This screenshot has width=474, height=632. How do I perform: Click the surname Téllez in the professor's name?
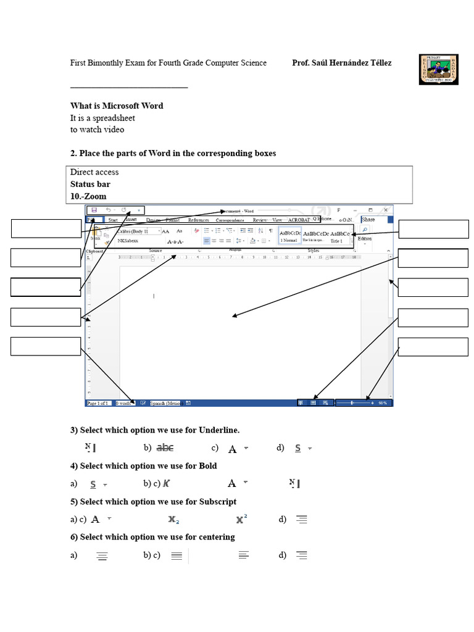378,63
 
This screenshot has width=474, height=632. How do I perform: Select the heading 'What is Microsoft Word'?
117,106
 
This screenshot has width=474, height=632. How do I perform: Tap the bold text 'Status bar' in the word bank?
90,184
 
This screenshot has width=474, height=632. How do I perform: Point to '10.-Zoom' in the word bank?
88,196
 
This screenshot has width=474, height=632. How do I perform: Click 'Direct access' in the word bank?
94,172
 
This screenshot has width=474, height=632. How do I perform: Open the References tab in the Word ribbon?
199,220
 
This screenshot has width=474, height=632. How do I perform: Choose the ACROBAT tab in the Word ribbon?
298,220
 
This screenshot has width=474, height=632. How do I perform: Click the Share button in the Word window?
368,219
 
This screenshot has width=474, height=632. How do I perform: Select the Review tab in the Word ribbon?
260,220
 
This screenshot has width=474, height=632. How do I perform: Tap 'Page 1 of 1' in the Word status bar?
98,403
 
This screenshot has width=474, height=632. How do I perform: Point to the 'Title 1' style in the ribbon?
336,241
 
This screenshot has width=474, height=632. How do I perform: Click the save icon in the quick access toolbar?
93,210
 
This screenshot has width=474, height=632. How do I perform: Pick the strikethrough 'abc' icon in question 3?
165,448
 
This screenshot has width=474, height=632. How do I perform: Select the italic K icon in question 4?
167,484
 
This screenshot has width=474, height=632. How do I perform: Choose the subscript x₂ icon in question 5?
173,520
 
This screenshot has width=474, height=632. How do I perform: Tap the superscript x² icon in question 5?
241,518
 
